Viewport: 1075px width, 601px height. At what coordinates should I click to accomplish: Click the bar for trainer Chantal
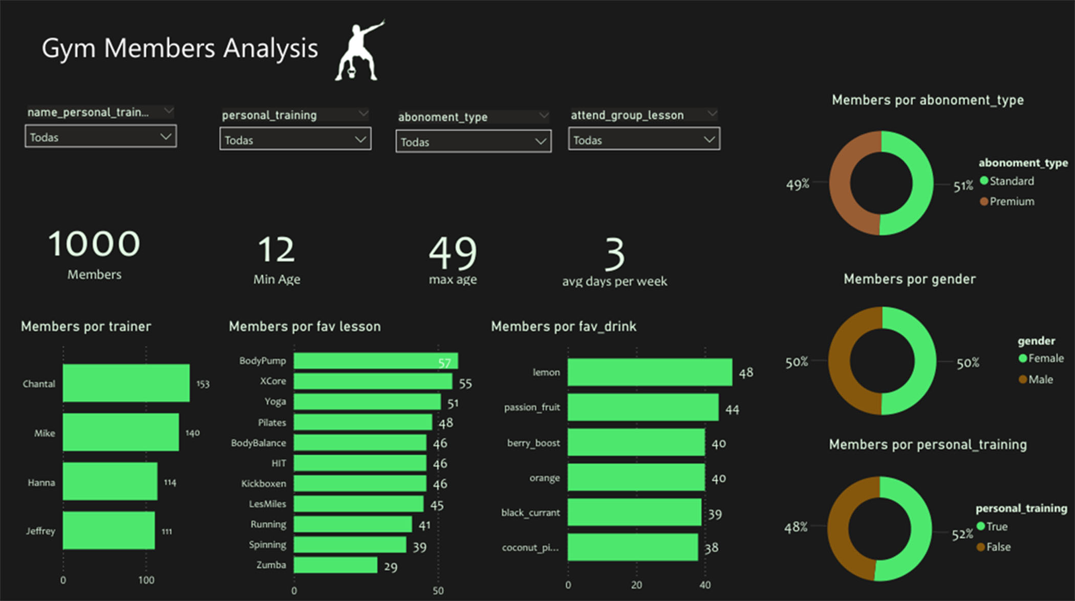tap(126, 383)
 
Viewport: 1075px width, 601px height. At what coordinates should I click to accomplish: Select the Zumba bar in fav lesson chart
tap(335, 565)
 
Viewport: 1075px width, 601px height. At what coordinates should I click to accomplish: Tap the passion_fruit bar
tap(642, 407)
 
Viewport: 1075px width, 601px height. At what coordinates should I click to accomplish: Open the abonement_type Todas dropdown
tap(473, 142)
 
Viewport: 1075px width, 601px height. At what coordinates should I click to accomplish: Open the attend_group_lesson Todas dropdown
tap(643, 140)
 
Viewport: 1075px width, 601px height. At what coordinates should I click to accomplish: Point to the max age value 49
tap(453, 253)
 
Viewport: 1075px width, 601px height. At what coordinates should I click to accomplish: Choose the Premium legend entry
tap(1011, 202)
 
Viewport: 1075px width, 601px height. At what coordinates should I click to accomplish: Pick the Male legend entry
tap(1040, 379)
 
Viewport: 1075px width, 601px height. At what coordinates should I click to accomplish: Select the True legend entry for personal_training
tap(996, 526)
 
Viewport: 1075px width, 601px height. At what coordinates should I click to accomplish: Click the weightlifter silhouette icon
tap(359, 51)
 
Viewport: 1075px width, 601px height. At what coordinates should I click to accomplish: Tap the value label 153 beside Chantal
tap(203, 384)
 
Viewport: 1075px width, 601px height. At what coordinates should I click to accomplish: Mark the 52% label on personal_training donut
tap(962, 535)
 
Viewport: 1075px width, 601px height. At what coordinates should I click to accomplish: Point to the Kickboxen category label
tap(263, 484)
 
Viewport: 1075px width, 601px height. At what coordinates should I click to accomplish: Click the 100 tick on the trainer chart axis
tap(146, 580)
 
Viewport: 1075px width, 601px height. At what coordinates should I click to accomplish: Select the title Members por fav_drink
tap(563, 327)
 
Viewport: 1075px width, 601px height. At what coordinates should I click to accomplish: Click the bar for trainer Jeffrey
tap(109, 530)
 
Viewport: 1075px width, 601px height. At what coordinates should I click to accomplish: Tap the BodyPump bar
tap(375, 361)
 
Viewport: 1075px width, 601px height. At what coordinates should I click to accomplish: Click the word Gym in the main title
tap(68, 49)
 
